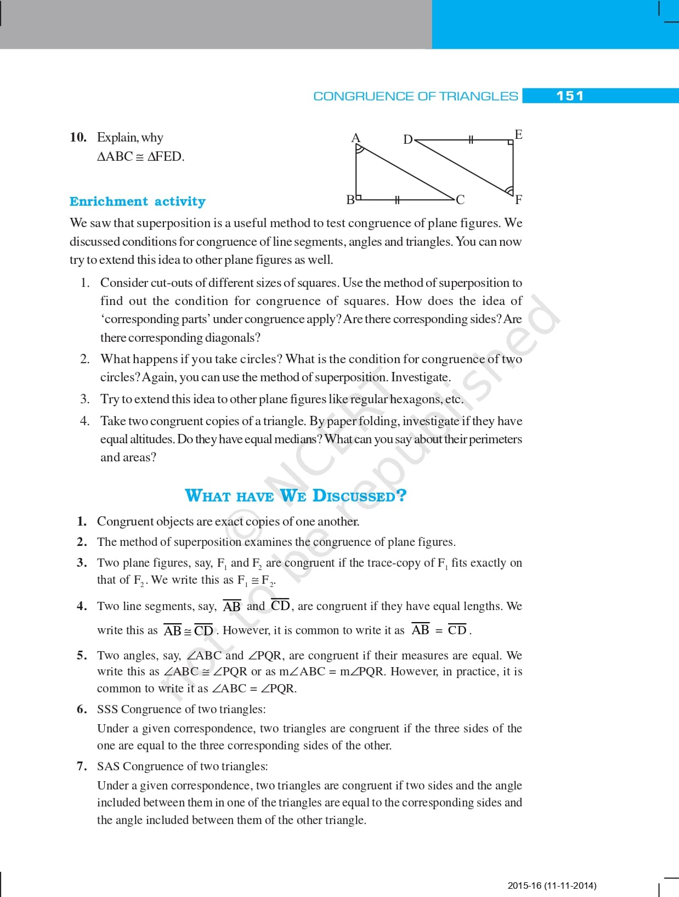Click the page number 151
point(570,96)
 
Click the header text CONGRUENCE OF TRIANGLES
point(415,96)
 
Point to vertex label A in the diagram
point(355,138)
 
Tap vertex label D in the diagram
point(408,139)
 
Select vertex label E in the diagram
point(518,134)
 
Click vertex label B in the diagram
point(350,200)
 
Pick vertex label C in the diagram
point(460,200)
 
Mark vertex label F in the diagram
point(518,200)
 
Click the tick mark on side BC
point(397,199)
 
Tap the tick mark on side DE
point(470,140)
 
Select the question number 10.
point(78,137)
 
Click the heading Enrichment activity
point(137,201)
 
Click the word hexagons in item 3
point(416,399)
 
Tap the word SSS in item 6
point(107,709)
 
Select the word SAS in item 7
point(108,766)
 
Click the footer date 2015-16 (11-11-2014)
point(552,885)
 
